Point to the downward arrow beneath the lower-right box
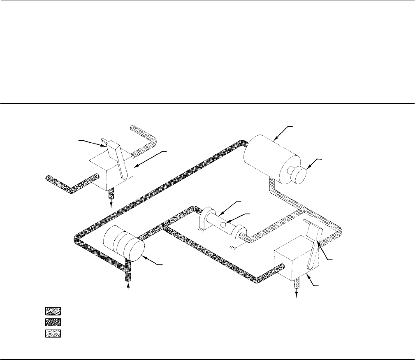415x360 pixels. coord(297,297)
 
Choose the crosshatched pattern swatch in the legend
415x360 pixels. coord(53,322)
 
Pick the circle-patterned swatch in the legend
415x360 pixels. coord(53,333)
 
